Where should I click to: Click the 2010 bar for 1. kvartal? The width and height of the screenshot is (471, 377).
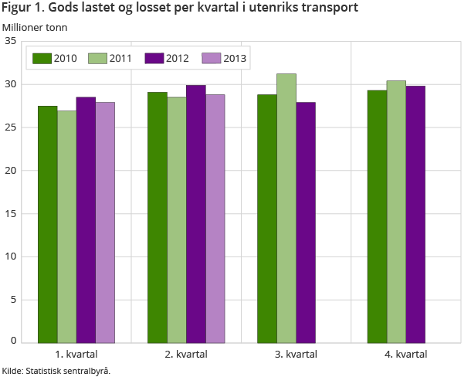pyautogui.click(x=48, y=224)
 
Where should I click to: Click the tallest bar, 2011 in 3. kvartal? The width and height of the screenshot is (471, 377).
pyautogui.click(x=286, y=208)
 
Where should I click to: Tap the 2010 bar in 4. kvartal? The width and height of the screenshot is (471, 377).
pyautogui.click(x=377, y=216)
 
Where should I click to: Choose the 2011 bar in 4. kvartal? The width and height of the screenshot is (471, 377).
pyautogui.click(x=396, y=212)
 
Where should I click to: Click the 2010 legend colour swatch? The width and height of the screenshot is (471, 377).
pyautogui.click(x=41, y=58)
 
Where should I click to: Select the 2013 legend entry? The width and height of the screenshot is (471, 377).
pyautogui.click(x=229, y=58)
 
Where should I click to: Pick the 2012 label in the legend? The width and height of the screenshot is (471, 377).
pyautogui.click(x=177, y=58)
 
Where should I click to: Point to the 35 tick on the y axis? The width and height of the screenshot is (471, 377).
pyautogui.click(x=11, y=41)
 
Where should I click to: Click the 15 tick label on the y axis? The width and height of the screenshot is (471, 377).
pyautogui.click(x=11, y=213)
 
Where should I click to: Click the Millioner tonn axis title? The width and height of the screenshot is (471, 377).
pyautogui.click(x=35, y=28)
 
